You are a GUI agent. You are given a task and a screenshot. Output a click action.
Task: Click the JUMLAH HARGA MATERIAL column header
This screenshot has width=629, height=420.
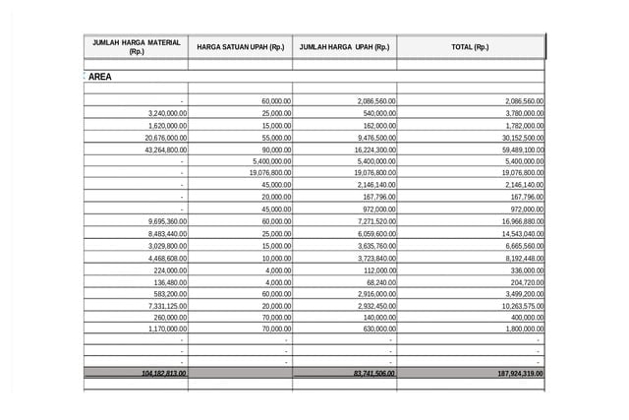[136, 46]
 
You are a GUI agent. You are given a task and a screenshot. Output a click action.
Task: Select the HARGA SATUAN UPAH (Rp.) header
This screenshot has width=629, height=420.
[240, 47]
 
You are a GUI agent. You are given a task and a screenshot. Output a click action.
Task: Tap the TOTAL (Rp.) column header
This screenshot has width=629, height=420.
[469, 47]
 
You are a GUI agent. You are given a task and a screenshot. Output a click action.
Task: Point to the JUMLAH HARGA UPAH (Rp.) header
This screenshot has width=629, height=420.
[344, 47]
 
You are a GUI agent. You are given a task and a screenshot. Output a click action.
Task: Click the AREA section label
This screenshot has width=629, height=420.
[99, 76]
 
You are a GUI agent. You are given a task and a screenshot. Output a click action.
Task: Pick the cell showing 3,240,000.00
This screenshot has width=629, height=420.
[167, 113]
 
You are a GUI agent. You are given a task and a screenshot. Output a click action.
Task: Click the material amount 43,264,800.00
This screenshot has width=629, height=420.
[165, 150]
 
